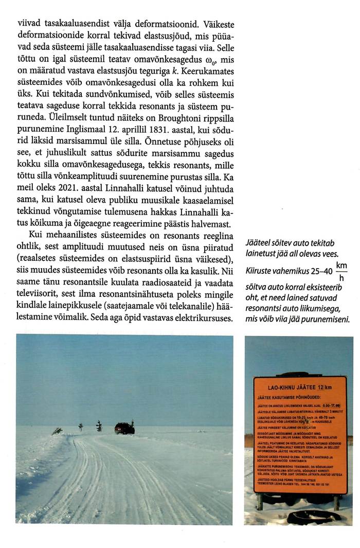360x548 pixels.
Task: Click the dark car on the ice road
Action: coord(124,428)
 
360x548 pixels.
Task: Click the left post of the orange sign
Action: coord(260,501)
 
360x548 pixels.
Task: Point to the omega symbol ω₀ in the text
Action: coord(194,60)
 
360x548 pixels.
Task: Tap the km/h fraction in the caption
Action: coord(341,272)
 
